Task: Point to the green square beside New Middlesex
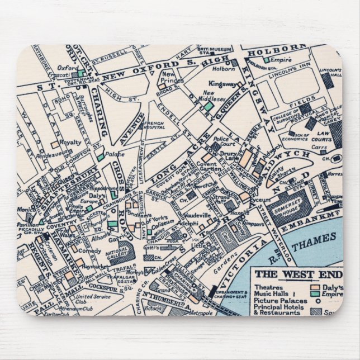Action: tap(209, 105)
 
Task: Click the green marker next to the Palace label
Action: tap(101, 158)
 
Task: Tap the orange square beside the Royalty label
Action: tap(55, 145)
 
